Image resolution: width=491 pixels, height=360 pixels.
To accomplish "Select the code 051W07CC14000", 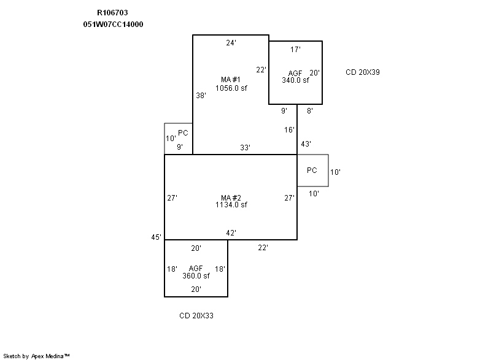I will click(114, 24).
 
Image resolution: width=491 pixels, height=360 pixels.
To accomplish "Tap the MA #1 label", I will click(231, 80).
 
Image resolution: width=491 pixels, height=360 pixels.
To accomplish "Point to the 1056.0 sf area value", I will click(231, 88).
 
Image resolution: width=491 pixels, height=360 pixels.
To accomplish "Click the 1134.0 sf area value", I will click(231, 205).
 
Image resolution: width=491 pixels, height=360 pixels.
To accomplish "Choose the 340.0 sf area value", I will click(295, 80).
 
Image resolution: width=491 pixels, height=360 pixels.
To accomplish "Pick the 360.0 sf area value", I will click(196, 275).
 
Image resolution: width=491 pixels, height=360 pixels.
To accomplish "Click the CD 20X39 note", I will click(363, 72).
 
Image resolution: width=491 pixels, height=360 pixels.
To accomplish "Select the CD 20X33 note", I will click(196, 316).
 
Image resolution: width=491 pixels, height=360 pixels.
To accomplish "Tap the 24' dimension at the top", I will click(231, 43).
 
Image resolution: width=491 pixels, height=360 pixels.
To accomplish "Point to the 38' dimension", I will click(201, 95).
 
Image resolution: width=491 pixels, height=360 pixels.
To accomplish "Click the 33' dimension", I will click(244, 147).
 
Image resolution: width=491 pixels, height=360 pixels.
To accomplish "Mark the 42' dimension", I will click(231, 232).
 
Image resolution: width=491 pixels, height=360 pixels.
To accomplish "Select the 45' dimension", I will click(157, 237).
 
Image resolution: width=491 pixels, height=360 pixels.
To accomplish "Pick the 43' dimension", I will click(306, 144).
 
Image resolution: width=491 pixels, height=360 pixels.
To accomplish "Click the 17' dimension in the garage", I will click(295, 49).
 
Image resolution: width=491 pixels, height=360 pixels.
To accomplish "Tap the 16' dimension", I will click(290, 129).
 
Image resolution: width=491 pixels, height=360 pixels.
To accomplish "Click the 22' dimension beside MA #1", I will click(261, 69).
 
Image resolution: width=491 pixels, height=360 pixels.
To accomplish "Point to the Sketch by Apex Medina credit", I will click(37, 355).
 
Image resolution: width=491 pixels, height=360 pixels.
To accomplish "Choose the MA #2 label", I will click(231, 197).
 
